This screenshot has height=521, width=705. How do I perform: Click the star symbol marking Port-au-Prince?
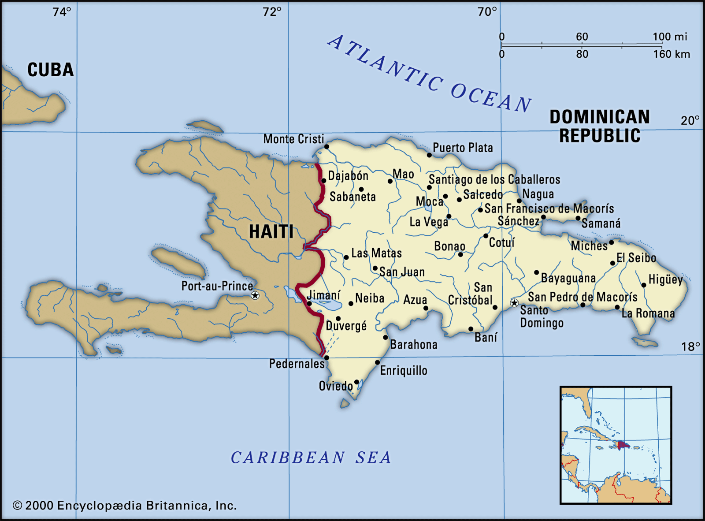coord(255,295)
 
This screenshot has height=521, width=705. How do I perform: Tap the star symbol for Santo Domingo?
coord(514,303)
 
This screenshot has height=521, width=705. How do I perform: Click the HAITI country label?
coord(271,232)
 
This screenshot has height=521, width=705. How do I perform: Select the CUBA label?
coord(50,70)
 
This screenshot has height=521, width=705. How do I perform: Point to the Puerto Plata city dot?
coord(429,155)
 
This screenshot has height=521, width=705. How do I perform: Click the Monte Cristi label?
coord(293,139)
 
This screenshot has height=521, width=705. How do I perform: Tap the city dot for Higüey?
coord(644,285)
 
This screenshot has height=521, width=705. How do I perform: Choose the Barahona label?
coord(414,345)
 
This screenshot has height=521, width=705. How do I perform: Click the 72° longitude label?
coord(272,12)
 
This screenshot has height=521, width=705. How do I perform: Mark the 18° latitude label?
coord(690,347)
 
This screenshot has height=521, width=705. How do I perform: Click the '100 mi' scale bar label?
coord(670,37)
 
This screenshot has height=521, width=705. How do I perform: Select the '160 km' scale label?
coord(672,54)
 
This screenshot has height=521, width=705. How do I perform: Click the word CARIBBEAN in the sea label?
coord(288,458)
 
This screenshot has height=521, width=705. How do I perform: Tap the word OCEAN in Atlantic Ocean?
coord(491,98)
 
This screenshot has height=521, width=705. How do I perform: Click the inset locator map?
coord(616,445)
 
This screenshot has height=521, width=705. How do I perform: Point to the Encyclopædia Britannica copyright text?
coord(125,506)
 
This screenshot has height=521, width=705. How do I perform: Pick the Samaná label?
coord(601,223)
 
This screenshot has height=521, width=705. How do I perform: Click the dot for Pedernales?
coord(327,358)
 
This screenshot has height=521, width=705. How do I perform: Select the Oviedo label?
coord(336,386)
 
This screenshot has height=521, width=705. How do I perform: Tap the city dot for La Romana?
coord(617,307)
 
